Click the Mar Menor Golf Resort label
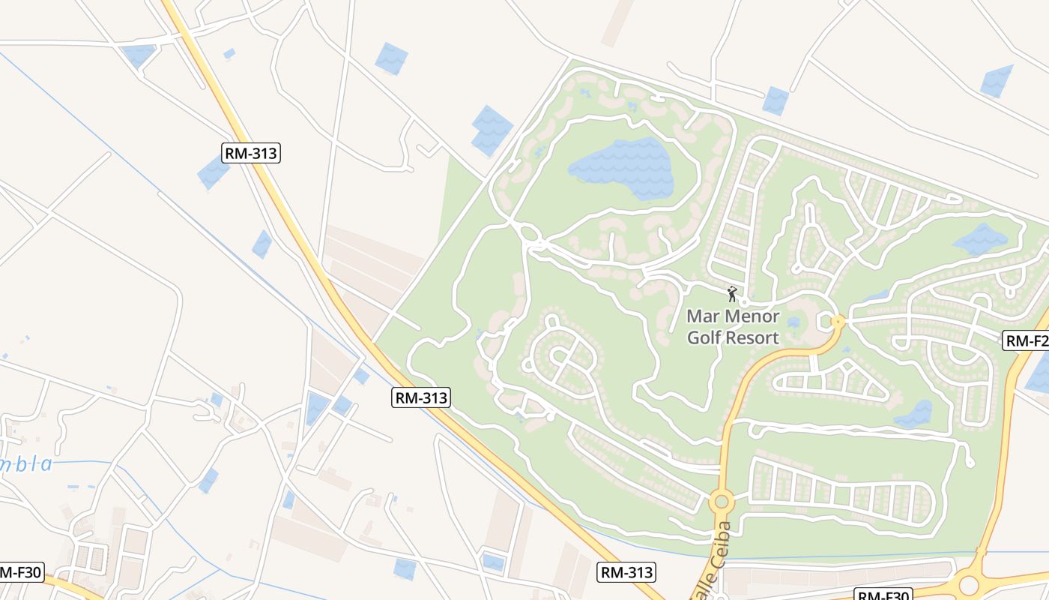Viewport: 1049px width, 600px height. pos(733,327)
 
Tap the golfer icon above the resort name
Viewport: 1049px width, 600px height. pos(732,294)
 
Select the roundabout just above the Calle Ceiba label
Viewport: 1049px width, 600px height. pos(722,500)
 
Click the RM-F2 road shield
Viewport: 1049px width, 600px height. pos(1027,341)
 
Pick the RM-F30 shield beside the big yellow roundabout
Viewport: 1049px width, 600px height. pos(884,595)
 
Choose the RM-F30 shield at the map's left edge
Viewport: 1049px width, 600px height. pos(19,572)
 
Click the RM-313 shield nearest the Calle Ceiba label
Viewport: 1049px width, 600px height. pos(626,572)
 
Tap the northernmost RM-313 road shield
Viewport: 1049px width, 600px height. pos(251,154)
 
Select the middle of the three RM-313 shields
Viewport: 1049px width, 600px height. pos(420,397)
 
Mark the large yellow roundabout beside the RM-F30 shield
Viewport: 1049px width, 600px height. pos(969,583)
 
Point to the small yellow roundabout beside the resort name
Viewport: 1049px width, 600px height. pos(838,322)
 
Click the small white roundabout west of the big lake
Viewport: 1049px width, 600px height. pos(530,235)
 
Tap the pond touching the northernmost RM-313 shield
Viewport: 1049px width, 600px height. pos(214,172)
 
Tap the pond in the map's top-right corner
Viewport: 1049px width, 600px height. pos(997,81)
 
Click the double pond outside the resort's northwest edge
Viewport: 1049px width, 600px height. pos(492,130)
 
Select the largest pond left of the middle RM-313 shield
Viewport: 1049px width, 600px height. pos(318,407)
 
